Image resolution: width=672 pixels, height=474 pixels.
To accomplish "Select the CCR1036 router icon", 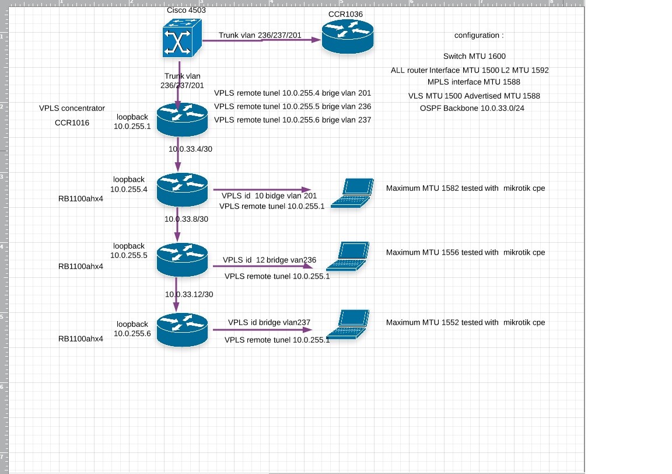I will pyautogui.click(x=348, y=39).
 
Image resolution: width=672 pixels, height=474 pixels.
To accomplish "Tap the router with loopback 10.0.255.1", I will pyautogui.click(x=183, y=119).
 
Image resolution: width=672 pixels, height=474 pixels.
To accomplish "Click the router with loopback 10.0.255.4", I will pyautogui.click(x=183, y=190).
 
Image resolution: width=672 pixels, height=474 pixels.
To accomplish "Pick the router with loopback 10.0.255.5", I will pyautogui.click(x=183, y=260).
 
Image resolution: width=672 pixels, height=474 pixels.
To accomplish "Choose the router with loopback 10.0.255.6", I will pyautogui.click(x=183, y=330).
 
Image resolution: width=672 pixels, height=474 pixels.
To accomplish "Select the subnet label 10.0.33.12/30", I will pyautogui.click(x=189, y=295).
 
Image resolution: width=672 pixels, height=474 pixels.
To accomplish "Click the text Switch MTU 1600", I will pyautogui.click(x=474, y=57).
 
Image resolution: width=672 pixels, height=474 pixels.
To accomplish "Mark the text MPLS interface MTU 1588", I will pyautogui.click(x=474, y=82).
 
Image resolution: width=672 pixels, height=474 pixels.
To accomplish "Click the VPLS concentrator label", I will pyautogui.click(x=72, y=108).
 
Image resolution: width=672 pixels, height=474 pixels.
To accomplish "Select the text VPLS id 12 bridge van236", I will pyautogui.click(x=269, y=260).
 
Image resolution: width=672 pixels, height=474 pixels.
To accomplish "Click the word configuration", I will pyautogui.click(x=478, y=36).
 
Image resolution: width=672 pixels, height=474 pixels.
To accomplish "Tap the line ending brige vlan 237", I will pyautogui.click(x=293, y=120).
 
